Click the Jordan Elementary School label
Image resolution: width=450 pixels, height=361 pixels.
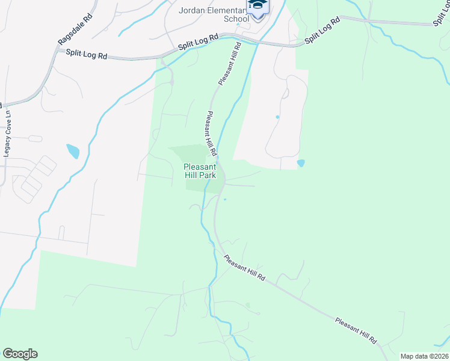[x=214, y=14]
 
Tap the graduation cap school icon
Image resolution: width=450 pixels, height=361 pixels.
[x=257, y=7]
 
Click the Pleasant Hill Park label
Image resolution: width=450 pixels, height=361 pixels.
[x=199, y=171]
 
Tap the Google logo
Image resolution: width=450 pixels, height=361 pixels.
[x=20, y=354]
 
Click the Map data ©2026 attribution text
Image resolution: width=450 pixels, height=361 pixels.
[x=424, y=356]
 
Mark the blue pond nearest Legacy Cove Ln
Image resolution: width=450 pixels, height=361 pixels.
[x=73, y=150]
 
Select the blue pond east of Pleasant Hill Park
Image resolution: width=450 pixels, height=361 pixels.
[x=301, y=163]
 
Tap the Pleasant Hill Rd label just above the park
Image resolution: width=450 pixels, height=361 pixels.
[x=211, y=132]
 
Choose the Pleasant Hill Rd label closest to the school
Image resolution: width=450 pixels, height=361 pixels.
[x=230, y=63]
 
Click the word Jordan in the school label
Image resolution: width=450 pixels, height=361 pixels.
[x=192, y=10]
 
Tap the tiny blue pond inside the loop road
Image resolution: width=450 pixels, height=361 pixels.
[x=277, y=117]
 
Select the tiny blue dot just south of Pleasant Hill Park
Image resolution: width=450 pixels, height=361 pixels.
[x=225, y=199]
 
